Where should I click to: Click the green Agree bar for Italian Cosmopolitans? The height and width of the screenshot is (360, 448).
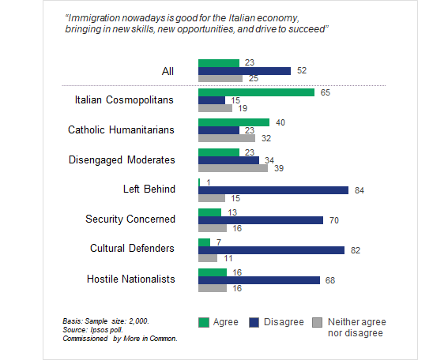pyautogui.click(x=256, y=92)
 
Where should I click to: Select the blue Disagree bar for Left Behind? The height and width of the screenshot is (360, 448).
pyautogui.click(x=273, y=190)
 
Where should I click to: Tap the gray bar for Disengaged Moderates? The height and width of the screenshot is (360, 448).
pyautogui.click(x=233, y=168)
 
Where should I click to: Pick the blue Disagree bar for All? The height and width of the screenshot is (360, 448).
pyautogui.click(x=245, y=71)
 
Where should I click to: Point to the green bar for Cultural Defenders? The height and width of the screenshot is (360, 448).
pyautogui.click(x=205, y=242)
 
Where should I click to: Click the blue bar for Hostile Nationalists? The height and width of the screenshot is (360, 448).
pyautogui.click(x=259, y=280)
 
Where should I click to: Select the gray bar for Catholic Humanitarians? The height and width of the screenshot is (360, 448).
pyautogui.click(x=227, y=138)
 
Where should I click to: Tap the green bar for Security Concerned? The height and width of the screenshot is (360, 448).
pyautogui.click(x=209, y=212)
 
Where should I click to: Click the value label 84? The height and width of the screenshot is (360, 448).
pyautogui.click(x=360, y=190)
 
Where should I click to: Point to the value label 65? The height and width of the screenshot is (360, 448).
pyautogui.click(x=326, y=92)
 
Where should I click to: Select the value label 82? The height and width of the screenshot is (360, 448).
pyautogui.click(x=355, y=250)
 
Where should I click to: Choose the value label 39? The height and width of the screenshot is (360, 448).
pyautogui.click(x=279, y=168)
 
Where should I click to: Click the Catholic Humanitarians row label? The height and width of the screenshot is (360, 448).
pyautogui.click(x=121, y=130)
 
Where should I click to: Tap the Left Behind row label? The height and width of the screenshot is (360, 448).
pyautogui.click(x=149, y=189)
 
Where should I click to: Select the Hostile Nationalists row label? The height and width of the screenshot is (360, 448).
pyautogui.click(x=131, y=279)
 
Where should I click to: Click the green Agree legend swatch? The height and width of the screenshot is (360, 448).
pyautogui.click(x=204, y=323)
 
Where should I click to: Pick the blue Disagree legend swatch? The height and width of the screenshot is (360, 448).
pyautogui.click(x=254, y=323)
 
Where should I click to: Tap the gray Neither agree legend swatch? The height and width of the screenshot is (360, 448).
pyautogui.click(x=317, y=323)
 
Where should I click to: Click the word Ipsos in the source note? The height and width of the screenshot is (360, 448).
pyautogui.click(x=99, y=330)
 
